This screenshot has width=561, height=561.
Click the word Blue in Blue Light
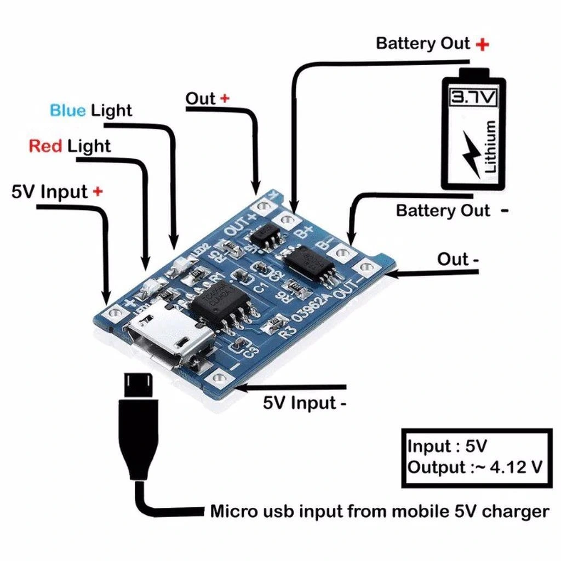67,110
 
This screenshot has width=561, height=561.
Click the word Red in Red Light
45,146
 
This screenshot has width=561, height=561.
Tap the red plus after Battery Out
482,44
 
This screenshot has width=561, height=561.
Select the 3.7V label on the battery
473,98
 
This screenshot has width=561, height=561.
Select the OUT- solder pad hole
364,267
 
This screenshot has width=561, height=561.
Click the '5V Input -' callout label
305,404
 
